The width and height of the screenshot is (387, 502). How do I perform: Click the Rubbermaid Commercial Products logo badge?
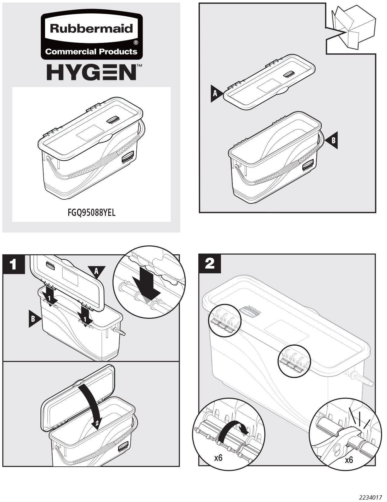(91, 37)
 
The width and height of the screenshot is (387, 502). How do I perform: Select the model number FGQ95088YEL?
(91, 213)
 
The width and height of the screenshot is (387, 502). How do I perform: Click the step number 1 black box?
(13, 264)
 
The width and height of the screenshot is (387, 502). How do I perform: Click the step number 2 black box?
(210, 263)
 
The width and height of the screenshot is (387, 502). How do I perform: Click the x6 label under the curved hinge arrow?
(218, 458)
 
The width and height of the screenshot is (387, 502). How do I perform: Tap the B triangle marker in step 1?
(34, 319)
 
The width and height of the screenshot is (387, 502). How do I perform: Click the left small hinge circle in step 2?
(225, 320)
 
